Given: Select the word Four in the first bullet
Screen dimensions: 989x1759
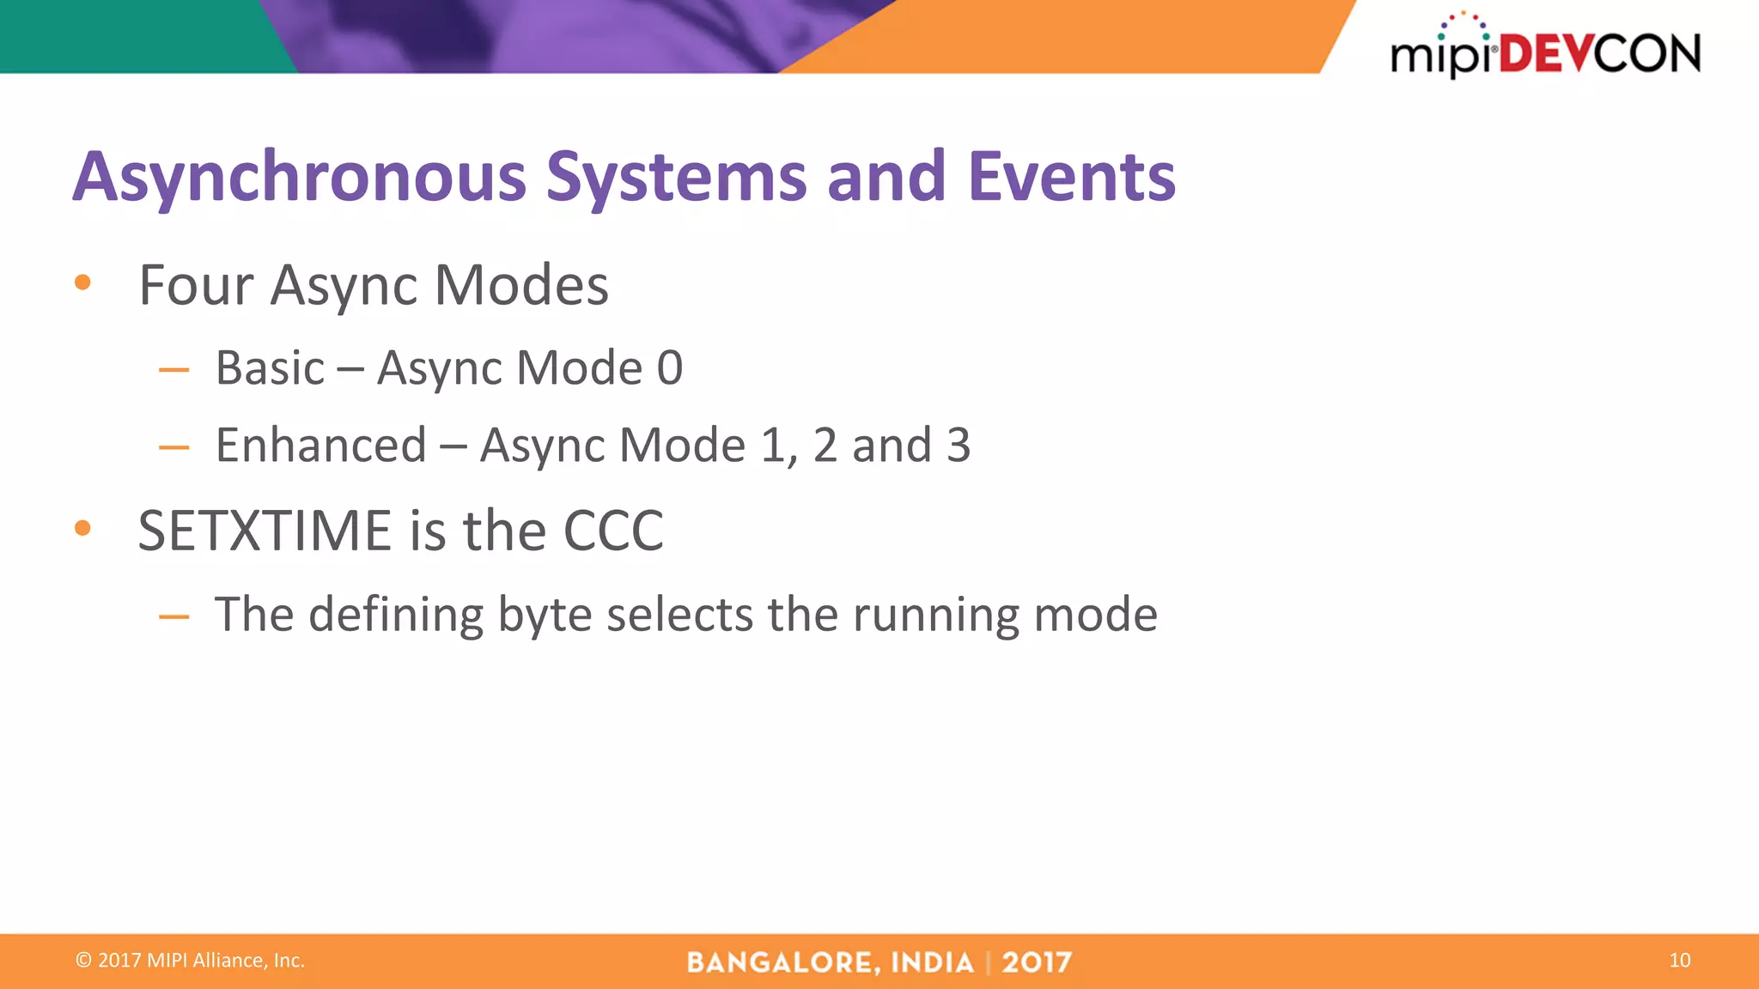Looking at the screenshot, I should (x=196, y=285).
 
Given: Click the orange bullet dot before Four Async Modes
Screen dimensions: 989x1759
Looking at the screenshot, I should (x=82, y=282).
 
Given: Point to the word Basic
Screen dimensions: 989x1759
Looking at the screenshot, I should (x=270, y=368).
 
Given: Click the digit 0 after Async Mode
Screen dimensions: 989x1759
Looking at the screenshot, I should (x=670, y=368).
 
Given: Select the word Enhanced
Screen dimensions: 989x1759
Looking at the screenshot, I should (x=320, y=446).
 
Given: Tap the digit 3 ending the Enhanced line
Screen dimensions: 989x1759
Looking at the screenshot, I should (x=958, y=446).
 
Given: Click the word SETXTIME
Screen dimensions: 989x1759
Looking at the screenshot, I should (x=265, y=531).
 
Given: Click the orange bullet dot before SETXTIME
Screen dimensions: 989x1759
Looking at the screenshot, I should (x=82, y=528).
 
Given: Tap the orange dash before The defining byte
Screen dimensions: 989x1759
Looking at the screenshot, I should (x=173, y=616).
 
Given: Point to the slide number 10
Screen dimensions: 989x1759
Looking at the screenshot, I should (x=1679, y=961).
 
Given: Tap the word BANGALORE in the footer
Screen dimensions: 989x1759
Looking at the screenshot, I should (x=782, y=962).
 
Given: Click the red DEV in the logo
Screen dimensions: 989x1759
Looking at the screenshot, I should (x=1545, y=54).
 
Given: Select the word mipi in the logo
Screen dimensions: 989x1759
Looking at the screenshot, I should (x=1439, y=57).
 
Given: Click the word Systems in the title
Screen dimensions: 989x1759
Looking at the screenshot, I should (x=676, y=178).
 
